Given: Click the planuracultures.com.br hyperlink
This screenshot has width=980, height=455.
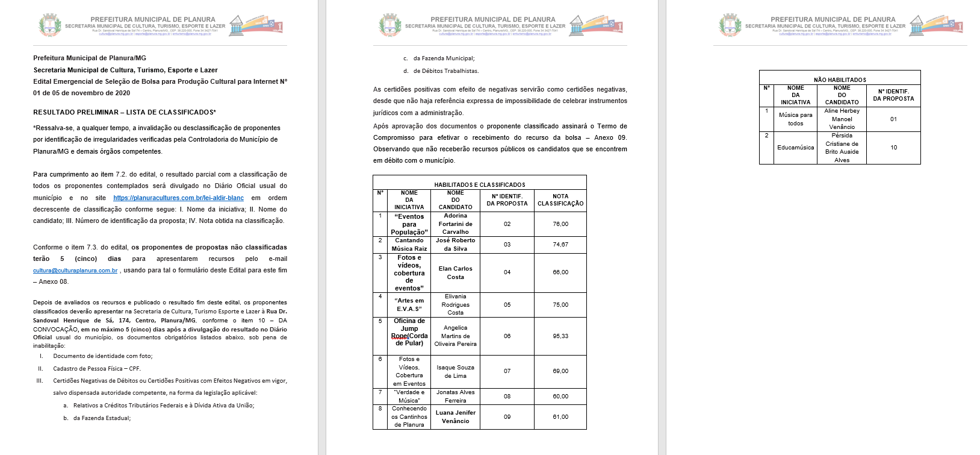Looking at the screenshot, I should (x=178, y=198).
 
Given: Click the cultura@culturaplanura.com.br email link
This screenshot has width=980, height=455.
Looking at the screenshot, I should (x=75, y=271).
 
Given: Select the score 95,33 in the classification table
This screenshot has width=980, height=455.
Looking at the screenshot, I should (x=560, y=336).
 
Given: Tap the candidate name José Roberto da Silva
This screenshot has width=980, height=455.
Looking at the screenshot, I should (x=455, y=244).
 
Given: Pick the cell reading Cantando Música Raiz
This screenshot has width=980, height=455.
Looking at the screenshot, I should (x=409, y=244).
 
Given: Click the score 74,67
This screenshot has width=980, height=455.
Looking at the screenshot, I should (x=560, y=245).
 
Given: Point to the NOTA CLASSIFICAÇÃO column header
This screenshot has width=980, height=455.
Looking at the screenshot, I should (x=560, y=200).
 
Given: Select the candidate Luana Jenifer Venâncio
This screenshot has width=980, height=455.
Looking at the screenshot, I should (x=455, y=416).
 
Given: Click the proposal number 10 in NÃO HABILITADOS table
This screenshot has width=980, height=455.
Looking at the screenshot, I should (x=893, y=148).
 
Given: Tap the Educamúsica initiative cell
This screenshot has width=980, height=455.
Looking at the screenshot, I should (x=795, y=148).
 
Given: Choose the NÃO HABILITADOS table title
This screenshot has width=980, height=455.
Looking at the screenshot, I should (x=840, y=80).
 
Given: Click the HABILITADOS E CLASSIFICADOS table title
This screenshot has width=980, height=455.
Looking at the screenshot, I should (x=479, y=184).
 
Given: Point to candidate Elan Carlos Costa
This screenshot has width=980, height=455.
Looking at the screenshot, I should (x=455, y=272).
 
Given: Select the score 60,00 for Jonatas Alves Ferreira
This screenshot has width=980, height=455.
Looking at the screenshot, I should (x=560, y=397).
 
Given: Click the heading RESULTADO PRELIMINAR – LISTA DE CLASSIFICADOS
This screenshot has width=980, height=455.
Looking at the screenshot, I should (x=124, y=112).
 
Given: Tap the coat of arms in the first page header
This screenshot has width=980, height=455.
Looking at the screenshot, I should (x=49, y=25).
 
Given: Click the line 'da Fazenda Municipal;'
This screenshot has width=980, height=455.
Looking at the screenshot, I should (x=444, y=58).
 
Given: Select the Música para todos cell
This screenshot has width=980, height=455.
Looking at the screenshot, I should (x=795, y=119).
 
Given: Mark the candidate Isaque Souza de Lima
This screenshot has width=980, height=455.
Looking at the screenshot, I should (x=455, y=371).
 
